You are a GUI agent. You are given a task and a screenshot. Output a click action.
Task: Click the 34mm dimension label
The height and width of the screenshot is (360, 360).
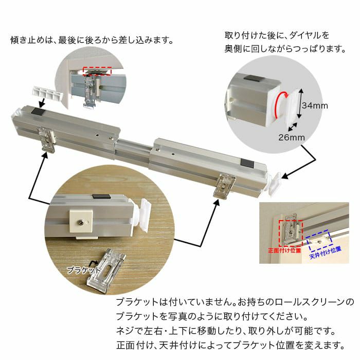pos(315,105)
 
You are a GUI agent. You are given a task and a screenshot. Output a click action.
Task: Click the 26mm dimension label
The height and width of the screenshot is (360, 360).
pos(292,137)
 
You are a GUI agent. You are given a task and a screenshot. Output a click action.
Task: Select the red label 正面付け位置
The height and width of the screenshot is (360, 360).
pos(284,250)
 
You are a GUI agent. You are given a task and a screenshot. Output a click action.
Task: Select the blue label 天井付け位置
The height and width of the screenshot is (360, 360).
pos(326,252)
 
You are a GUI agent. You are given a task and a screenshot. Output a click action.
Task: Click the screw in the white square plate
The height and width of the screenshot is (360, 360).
pos(81,222)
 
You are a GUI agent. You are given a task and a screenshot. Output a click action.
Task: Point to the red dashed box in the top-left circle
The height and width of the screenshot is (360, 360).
pos(97,71)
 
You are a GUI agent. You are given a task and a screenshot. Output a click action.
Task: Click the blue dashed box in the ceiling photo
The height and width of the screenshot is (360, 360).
pos(319,241)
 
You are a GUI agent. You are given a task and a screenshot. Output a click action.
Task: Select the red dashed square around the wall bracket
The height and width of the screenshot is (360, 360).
pos(291,233)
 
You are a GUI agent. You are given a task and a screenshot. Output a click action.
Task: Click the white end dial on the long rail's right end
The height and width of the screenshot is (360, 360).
pos(275,184)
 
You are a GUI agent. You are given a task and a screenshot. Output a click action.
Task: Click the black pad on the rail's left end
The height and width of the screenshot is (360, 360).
pos(39,111)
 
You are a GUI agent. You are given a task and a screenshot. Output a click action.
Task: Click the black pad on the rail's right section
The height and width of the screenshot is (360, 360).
pos(247,163)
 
